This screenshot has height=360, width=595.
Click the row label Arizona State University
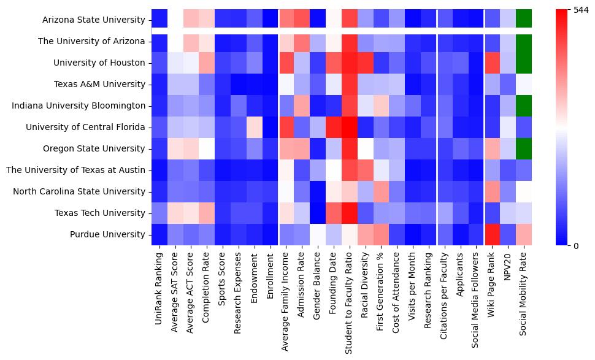pos(94,20)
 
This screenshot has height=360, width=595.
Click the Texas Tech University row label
pos(106,213)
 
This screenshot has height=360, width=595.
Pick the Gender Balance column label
pos(317,288)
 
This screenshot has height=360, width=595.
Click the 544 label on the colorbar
pos(580,10)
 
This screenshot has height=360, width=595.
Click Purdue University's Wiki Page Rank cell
pos(493,234)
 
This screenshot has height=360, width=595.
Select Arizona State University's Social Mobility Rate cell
pos(524,20)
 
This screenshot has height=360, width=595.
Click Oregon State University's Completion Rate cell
pos(205,148)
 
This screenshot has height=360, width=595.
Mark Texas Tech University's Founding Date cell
pos(333,213)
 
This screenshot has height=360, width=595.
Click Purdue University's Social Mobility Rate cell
pos(524,234)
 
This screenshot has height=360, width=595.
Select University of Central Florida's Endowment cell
pos(253,127)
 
